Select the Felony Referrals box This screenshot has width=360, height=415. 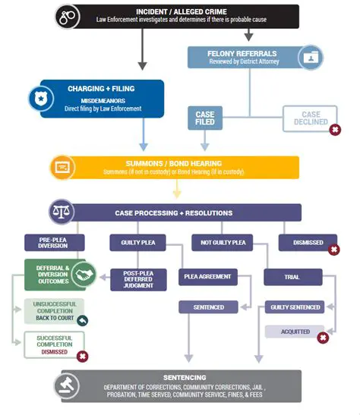[x=245, y=56]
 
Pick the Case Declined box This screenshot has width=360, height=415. [x=309, y=118]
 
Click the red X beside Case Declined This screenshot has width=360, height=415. [x=334, y=130]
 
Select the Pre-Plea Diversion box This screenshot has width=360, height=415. [x=52, y=244]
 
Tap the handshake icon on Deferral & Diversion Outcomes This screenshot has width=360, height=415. [x=84, y=276]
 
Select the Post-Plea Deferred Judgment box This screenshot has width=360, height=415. [x=138, y=279]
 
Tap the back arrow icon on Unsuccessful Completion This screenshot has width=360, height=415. [x=82, y=320]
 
